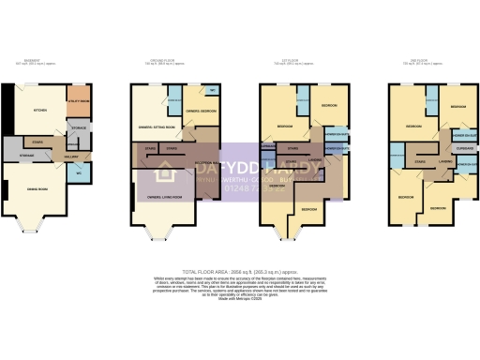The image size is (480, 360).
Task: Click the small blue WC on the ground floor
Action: pos(213,91)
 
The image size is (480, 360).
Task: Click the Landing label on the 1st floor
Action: pos(316,159)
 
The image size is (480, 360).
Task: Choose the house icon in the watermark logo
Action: pos(167,172)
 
